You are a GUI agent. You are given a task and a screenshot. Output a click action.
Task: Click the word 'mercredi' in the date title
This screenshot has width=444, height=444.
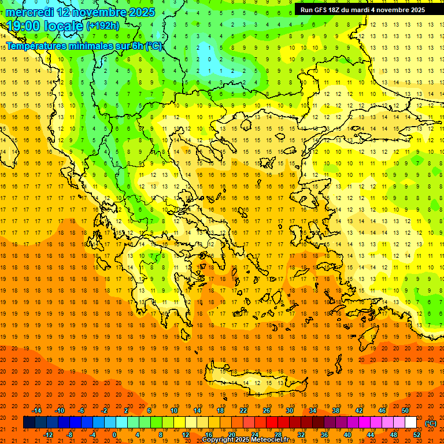pos(30,12)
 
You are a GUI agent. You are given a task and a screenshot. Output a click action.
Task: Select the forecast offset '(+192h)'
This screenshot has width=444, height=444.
pos(102,26)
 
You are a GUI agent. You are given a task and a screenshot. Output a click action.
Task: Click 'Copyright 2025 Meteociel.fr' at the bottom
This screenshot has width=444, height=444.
pos(245,440)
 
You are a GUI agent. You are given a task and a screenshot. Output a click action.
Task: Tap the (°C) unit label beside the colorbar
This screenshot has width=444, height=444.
pos(431,423)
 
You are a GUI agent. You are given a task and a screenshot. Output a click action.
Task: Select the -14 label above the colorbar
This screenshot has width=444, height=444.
pos(36,410)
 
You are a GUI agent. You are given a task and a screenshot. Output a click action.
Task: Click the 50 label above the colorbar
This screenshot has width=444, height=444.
pos(405,410)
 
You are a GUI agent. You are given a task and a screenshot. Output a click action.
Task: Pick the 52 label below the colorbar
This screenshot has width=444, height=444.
pos(417,435)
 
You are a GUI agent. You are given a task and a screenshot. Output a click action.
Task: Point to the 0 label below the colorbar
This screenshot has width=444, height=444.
pos(114,435)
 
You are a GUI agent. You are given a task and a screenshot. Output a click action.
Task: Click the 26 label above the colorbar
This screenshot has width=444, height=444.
pos(267,410)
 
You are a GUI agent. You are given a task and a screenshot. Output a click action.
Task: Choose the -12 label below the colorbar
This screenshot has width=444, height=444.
pos(49,435)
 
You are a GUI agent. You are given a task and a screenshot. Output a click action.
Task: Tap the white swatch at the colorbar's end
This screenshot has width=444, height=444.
pos(410,423)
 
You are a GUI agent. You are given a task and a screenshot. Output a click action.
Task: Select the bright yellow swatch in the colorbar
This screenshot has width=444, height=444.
pos(179,423)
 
